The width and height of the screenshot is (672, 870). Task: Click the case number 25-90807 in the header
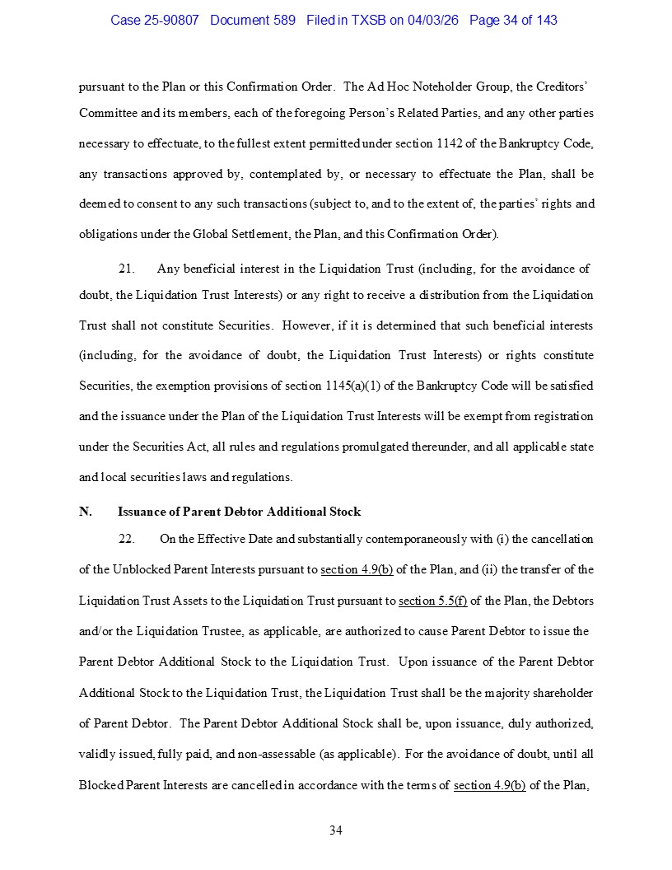pos(171,20)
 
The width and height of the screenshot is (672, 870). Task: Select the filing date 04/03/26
pos(436,20)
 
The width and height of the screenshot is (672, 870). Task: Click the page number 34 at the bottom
pos(336,830)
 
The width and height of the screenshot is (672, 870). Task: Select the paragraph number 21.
pos(126,269)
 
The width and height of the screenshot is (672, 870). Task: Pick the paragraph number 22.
pos(126,539)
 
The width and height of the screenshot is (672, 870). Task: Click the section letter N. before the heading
pos(85,512)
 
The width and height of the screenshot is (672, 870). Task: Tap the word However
pos(306,325)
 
